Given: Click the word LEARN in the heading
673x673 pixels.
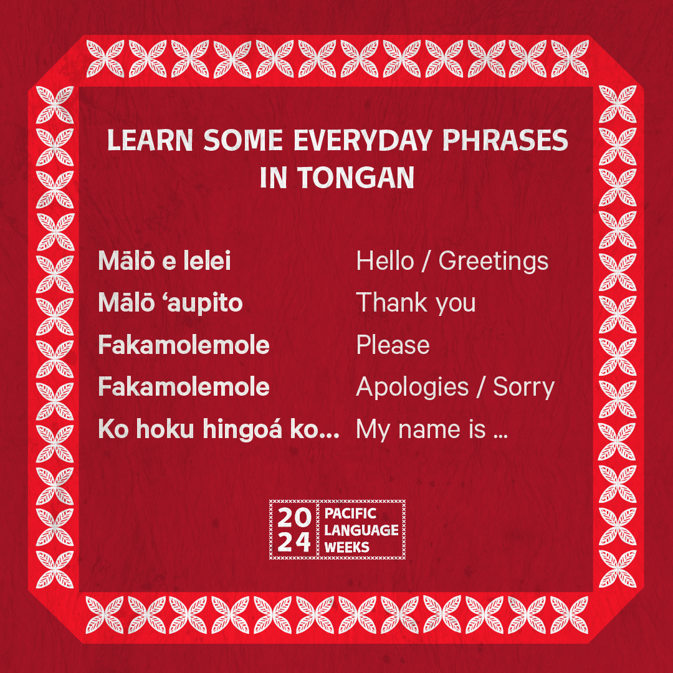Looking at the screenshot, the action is pos(150,140).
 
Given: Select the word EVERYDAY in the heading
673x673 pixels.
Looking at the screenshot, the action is pos(363,140).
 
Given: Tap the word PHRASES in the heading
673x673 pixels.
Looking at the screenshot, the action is pos(505,140).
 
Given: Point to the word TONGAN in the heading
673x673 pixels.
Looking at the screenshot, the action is pos(356,178).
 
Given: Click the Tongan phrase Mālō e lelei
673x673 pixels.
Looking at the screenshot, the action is pos(165,260).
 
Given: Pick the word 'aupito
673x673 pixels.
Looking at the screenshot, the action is pos(204,303).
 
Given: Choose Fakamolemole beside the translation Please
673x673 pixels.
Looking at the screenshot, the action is pos(184,345).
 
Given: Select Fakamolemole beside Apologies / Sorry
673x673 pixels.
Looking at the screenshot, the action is pos(184,387).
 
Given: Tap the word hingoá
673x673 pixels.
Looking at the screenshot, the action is pos(242,430).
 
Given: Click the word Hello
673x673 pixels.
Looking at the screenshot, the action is pos(385,261).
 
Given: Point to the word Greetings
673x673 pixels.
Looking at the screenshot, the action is pos(493,262).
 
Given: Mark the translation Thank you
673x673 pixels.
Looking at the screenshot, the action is pos(416,303).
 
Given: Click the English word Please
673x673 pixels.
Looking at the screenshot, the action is pos(393,345).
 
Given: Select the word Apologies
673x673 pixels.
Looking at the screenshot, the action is pos(413,388).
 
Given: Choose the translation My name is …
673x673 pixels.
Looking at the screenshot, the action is pos(432,430).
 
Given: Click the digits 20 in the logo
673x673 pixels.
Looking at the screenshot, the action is pos(294,518).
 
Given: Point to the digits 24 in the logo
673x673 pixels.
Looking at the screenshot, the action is pos(294,543).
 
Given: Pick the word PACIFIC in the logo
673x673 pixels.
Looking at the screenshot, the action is pos(350,513).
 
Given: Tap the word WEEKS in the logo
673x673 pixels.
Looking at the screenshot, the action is pos(347,548).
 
